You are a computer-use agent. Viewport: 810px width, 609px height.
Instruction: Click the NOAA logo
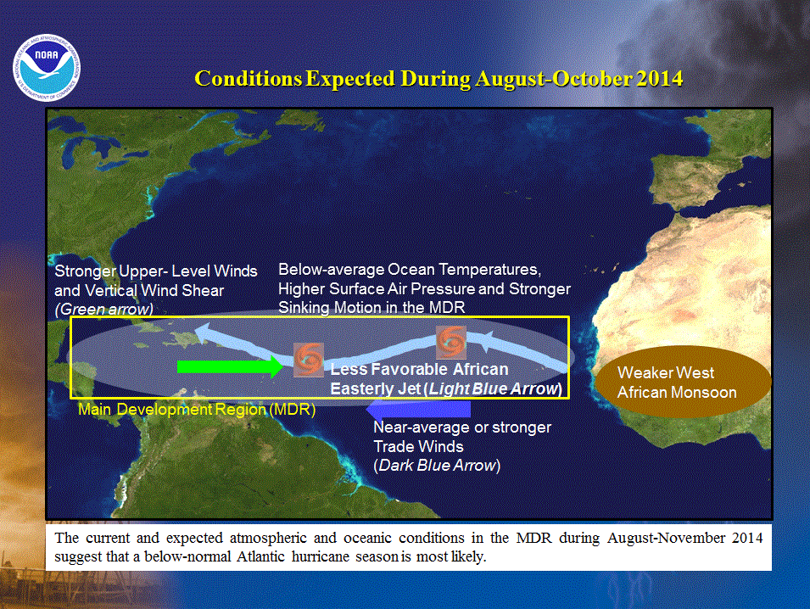click(x=47, y=67)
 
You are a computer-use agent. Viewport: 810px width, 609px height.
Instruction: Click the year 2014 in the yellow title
click(x=660, y=79)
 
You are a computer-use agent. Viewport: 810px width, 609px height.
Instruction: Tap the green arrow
click(x=230, y=366)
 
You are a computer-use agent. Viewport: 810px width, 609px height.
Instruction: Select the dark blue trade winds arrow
click(x=418, y=410)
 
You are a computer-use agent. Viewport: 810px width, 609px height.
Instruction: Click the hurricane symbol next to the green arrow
click(x=309, y=360)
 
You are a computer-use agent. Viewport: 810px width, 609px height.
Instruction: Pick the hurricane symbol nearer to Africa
click(x=451, y=342)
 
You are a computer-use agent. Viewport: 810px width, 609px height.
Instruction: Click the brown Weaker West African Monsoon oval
click(x=682, y=382)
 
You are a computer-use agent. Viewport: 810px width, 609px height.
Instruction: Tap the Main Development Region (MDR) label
click(x=197, y=409)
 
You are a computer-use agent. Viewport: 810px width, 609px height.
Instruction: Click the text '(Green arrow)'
click(x=103, y=309)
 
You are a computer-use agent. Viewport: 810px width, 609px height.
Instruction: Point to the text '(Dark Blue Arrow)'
click(x=437, y=465)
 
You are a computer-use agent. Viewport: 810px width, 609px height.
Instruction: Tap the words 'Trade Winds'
click(x=418, y=446)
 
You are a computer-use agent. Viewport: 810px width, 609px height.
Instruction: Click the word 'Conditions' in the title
click(x=248, y=79)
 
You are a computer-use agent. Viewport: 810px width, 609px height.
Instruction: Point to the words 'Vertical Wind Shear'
click(x=154, y=290)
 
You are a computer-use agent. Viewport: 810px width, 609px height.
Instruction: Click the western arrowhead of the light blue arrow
click(x=202, y=332)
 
